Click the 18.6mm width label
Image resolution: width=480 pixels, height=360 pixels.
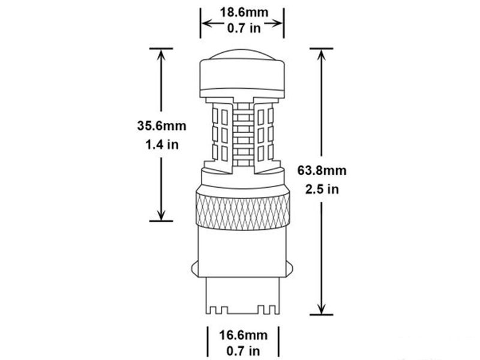click(244, 13)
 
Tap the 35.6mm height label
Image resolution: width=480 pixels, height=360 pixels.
click(161, 126)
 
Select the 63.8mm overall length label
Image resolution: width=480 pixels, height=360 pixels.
click(322, 170)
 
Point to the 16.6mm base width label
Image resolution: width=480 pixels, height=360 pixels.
click(244, 335)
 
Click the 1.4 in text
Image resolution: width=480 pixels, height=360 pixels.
click(162, 145)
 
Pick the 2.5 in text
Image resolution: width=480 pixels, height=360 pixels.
click(322, 189)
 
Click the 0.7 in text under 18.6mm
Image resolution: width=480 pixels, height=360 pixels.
click(244, 28)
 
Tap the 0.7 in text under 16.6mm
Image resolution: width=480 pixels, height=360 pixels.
click(244, 351)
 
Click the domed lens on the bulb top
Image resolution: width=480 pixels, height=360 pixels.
click(242, 54)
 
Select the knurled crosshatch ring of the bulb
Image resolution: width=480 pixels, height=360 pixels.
click(242, 211)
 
